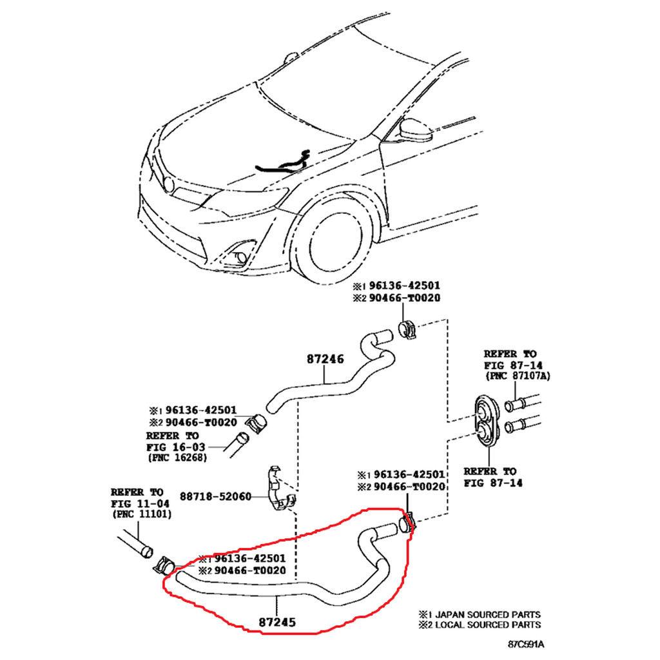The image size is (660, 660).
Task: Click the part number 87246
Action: click(325, 360)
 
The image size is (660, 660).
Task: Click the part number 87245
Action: click(278, 623)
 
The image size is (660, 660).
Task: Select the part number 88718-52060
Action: click(215, 496)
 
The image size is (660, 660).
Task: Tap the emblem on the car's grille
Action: click(168, 184)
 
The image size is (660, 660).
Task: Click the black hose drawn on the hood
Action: click(284, 162)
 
